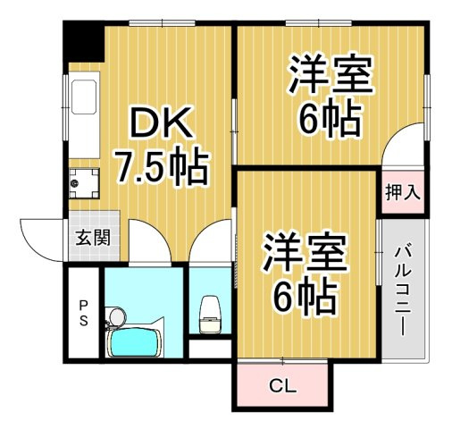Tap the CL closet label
click(x=283, y=388)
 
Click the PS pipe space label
click(x=82, y=312)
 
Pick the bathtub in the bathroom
click(x=134, y=342)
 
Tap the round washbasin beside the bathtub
click(x=114, y=317)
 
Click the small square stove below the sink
click(x=84, y=186)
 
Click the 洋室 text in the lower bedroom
click(x=305, y=252)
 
